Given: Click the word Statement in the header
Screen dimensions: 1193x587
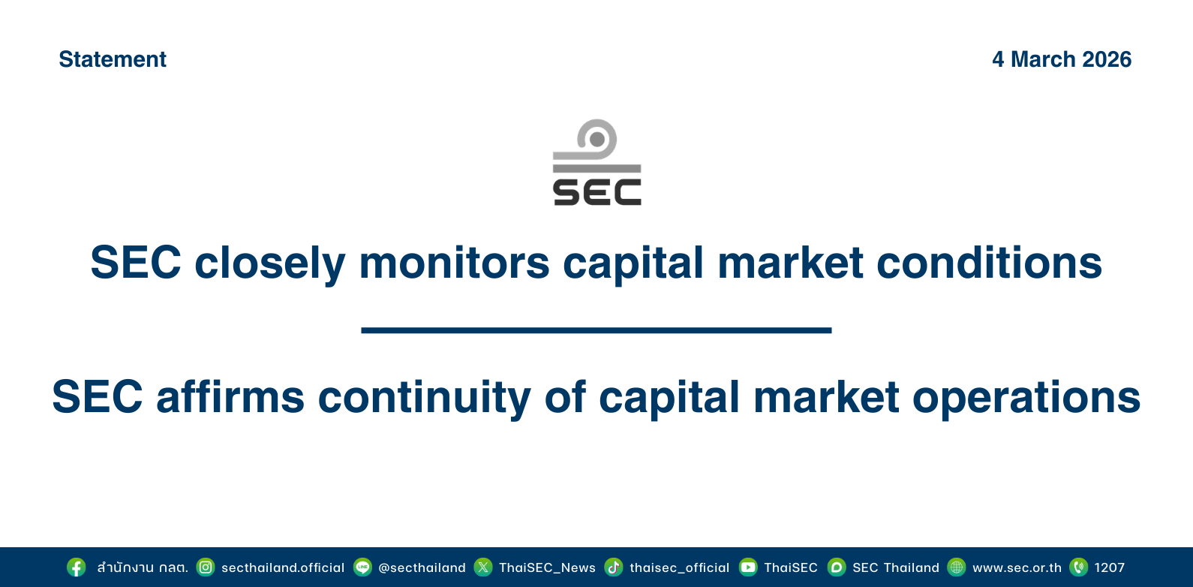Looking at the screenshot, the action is click(x=113, y=59).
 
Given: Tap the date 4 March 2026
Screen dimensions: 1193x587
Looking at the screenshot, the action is click(x=1062, y=59).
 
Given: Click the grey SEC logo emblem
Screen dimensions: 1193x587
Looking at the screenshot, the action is click(x=597, y=162).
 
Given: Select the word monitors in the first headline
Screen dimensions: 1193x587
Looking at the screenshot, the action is click(x=454, y=263).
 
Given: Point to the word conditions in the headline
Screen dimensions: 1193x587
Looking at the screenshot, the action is click(x=989, y=263).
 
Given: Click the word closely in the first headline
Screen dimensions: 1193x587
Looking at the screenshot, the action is click(x=270, y=263).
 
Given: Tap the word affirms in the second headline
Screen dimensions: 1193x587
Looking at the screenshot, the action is click(x=230, y=397).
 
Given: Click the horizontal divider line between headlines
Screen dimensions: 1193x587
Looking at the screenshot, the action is click(x=596, y=330).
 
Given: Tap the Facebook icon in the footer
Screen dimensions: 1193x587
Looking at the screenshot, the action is click(x=77, y=567).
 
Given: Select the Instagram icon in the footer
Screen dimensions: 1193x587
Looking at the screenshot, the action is click(x=206, y=567).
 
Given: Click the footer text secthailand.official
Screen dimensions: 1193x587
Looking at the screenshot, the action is click(x=283, y=567).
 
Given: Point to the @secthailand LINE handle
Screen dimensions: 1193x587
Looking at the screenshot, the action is click(x=422, y=567).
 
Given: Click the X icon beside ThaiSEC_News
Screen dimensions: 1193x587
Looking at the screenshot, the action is click(x=483, y=567).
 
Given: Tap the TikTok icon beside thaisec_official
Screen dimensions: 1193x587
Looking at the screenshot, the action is click(x=614, y=567).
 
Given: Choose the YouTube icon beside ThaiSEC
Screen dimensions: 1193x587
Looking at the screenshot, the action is click(x=748, y=567).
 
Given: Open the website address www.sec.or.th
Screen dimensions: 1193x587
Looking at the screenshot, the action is click(x=1017, y=567).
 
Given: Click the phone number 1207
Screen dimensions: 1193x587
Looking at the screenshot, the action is click(x=1110, y=567).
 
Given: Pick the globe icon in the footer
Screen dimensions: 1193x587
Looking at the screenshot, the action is click(x=957, y=567).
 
